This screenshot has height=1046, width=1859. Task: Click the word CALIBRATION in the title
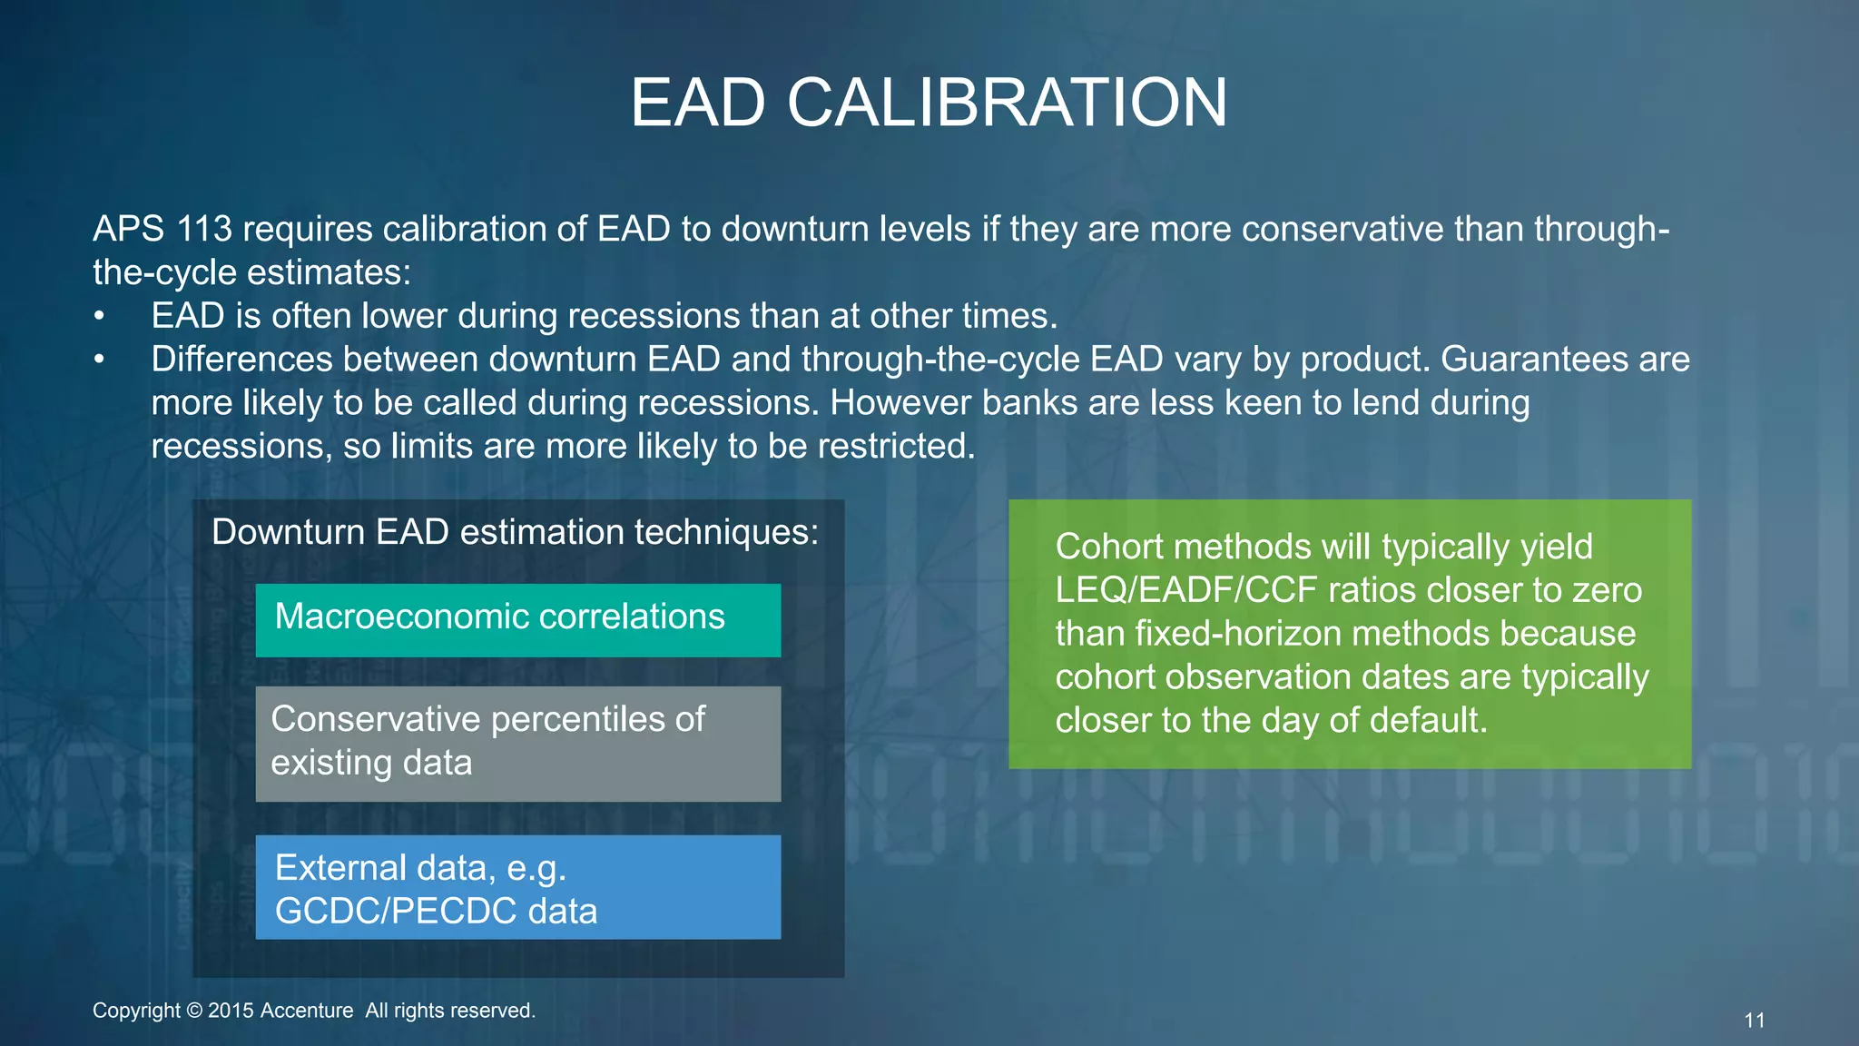[1007, 102]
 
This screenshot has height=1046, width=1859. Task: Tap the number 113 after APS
[204, 229]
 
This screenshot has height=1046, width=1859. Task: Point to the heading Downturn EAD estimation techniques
[515, 532]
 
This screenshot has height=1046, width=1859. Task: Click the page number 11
[1754, 1021]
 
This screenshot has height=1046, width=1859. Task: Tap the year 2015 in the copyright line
[231, 1011]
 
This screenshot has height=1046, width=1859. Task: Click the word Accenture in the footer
[307, 1011]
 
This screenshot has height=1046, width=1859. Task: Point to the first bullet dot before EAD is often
[99, 317]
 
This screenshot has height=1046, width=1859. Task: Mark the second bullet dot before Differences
[99, 360]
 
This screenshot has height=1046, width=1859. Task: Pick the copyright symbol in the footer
[194, 1011]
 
